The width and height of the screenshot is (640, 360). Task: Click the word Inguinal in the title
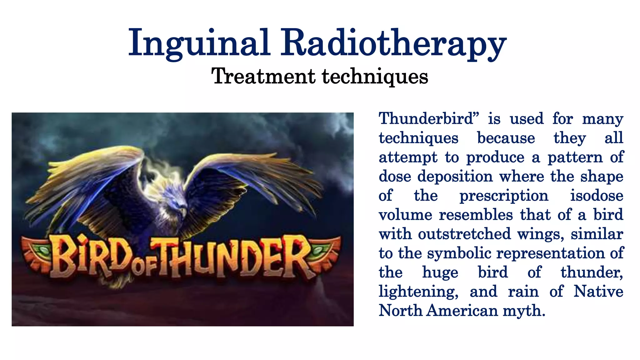pos(199,43)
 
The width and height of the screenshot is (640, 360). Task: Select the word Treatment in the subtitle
pos(263,76)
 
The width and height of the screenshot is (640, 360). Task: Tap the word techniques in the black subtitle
pos(375,77)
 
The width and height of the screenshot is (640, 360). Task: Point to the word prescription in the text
pos(504,196)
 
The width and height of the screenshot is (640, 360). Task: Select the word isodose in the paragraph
pos(597,196)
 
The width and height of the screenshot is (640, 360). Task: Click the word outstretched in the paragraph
pos(464,234)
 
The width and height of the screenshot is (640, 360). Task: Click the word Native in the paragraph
pos(598,292)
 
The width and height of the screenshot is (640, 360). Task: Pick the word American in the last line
pos(462,311)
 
